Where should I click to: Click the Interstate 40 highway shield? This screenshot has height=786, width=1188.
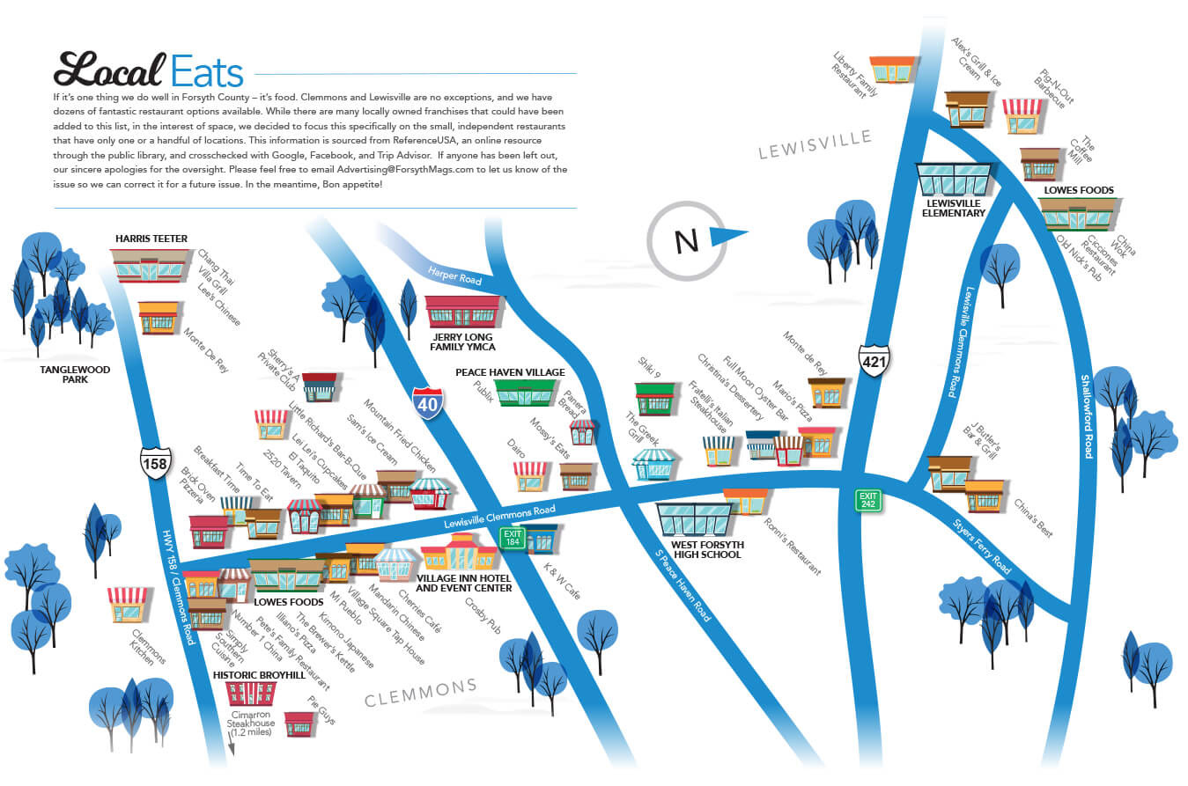point(428,403)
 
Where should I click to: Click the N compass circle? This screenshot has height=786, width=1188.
point(685,239)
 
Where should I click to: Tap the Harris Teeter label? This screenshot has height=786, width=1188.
point(151,239)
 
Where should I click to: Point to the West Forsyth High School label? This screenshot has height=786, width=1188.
point(707,550)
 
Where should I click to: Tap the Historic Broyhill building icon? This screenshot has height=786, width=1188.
point(250,693)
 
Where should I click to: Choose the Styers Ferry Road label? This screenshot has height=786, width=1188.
point(981,547)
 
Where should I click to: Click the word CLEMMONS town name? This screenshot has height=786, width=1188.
point(421,693)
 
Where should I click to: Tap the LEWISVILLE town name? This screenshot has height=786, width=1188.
point(815,145)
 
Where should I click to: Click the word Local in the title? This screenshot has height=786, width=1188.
point(109,70)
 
